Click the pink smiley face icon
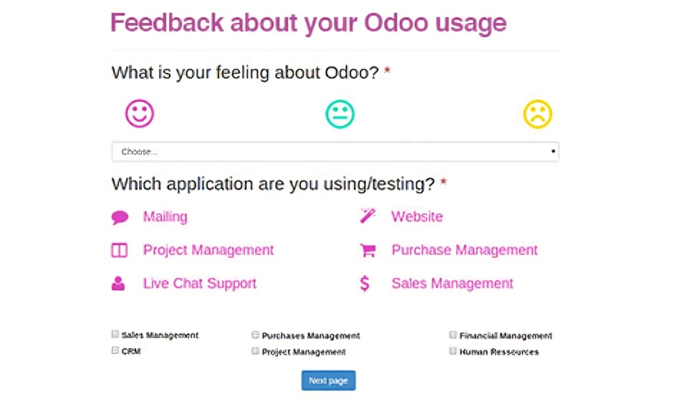coord(139,114)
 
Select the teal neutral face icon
coord(340,114)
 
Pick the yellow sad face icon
coord(537,114)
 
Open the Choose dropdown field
coord(335,151)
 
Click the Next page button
coord(328,380)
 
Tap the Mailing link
coord(165,217)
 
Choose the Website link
coord(417,217)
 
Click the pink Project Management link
coord(208,250)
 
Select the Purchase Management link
coord(464,250)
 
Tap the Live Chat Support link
coord(200,283)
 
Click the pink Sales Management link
coord(452,283)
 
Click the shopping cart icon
coord(368,250)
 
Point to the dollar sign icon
coord(364,283)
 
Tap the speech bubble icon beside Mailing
coord(120,217)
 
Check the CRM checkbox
coord(115,350)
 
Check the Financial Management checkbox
coord(453,335)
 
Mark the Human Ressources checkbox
coord(453,351)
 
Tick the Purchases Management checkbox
coord(255,335)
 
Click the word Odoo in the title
coord(396,22)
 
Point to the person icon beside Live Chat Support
coord(118,283)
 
